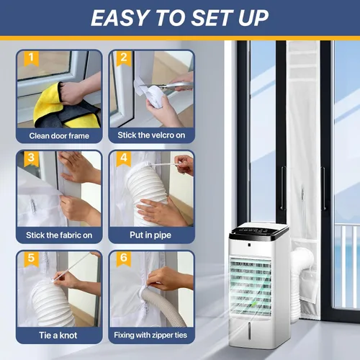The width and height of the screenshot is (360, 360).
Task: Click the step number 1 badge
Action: click(30, 58)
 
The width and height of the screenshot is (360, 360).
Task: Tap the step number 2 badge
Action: click(123, 58)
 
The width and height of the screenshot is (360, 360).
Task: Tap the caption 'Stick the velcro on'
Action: click(151, 135)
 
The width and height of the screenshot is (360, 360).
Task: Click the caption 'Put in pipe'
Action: click(151, 235)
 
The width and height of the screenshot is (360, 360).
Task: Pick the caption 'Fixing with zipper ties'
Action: click(151, 336)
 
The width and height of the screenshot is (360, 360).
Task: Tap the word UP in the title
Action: click(253, 17)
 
